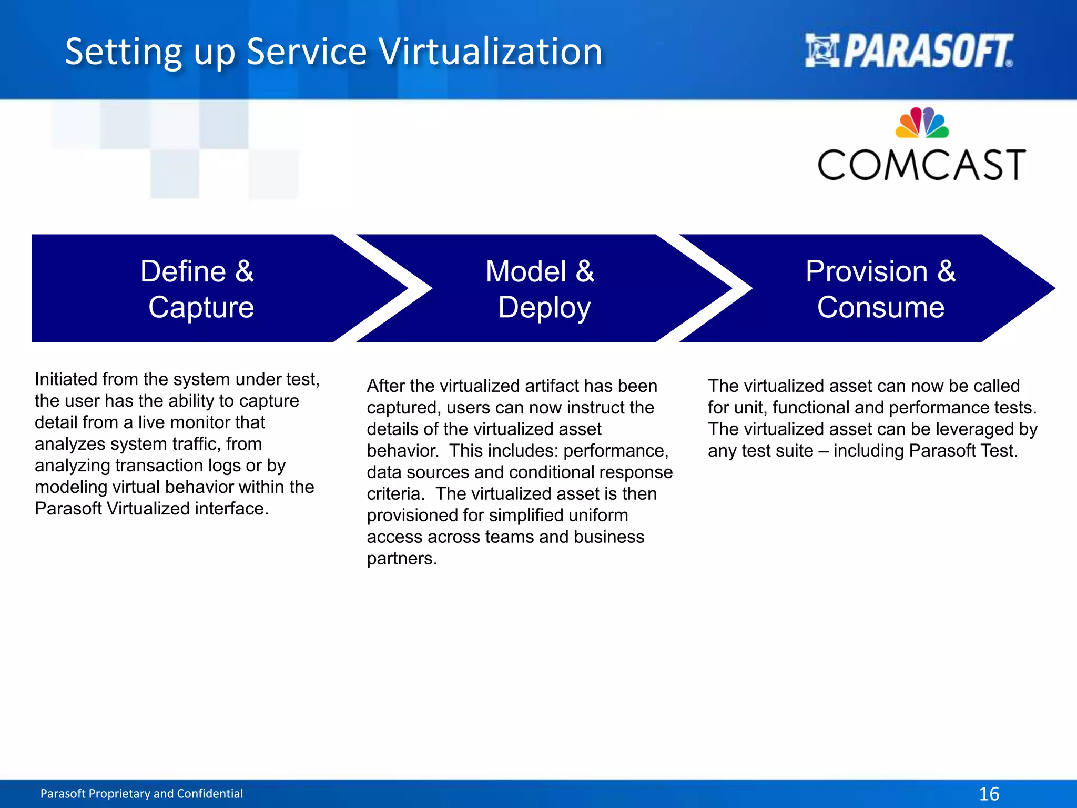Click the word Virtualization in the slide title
pyautogui.click(x=490, y=52)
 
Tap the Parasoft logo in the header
pyautogui.click(x=909, y=51)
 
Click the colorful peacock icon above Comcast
pyautogui.click(x=922, y=123)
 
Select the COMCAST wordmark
pyautogui.click(x=921, y=165)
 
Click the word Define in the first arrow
pyautogui.click(x=183, y=271)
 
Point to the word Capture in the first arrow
pyautogui.click(x=201, y=307)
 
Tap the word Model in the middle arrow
pyautogui.click(x=526, y=271)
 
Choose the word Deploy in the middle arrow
pyautogui.click(x=544, y=308)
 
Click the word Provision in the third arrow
pyautogui.click(x=867, y=271)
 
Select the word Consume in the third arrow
pyautogui.click(x=880, y=307)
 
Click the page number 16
pyautogui.click(x=989, y=794)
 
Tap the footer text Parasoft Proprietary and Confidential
pyautogui.click(x=141, y=793)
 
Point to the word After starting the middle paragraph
pyautogui.click(x=385, y=386)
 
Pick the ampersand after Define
pyautogui.click(x=244, y=271)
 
